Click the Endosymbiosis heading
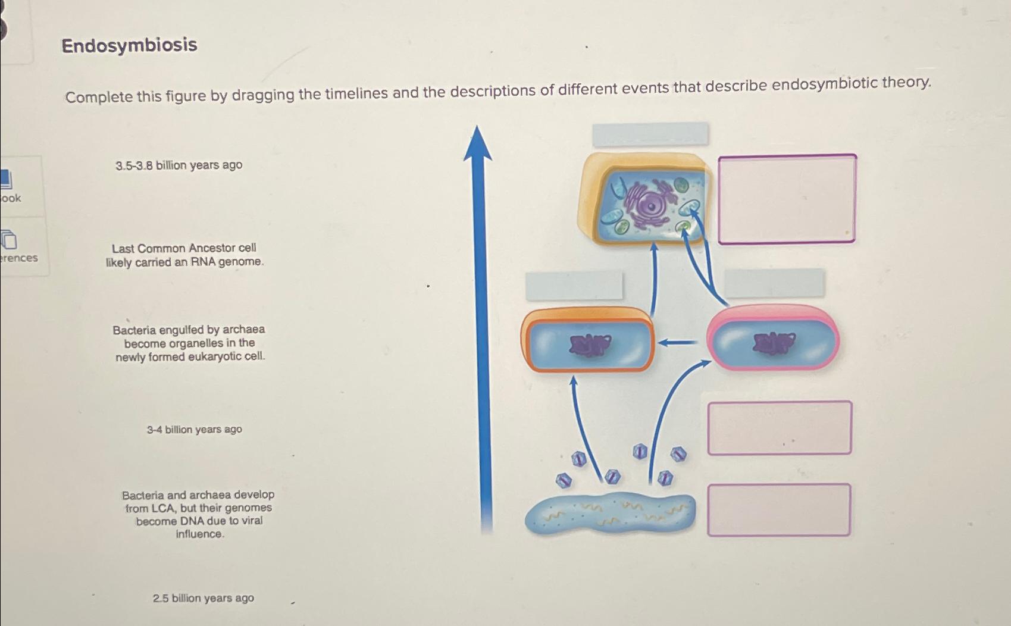(x=129, y=45)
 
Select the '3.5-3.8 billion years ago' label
(x=179, y=165)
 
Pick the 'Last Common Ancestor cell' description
(x=184, y=255)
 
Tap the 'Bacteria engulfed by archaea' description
(x=189, y=343)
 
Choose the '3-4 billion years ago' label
(x=194, y=429)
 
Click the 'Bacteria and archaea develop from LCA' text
(x=198, y=514)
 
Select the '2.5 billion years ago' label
(x=203, y=598)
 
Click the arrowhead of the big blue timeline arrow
(x=478, y=143)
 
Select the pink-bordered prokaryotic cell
(x=772, y=339)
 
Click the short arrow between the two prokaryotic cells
(x=678, y=342)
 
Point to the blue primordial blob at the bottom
(x=610, y=514)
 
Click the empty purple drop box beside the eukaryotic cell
(x=787, y=199)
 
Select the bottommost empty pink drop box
(x=778, y=510)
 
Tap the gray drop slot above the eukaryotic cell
(x=650, y=134)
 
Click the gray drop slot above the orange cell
(x=574, y=286)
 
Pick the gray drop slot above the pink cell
(x=774, y=283)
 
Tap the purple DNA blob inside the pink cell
(x=774, y=343)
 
